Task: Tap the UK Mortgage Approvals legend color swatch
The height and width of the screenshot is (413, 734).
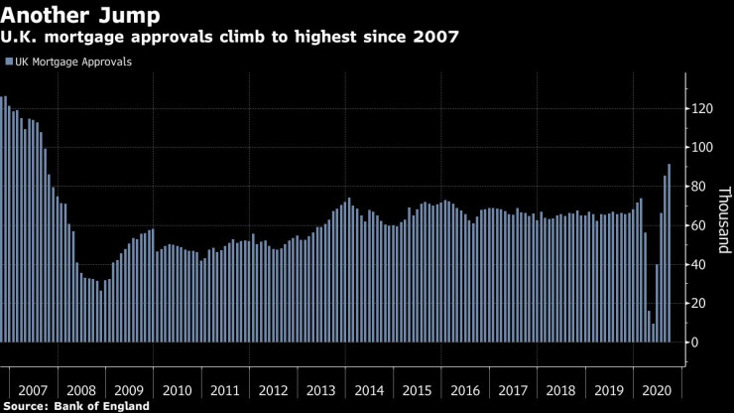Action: (x=8, y=62)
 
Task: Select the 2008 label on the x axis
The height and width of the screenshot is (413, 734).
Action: (x=81, y=390)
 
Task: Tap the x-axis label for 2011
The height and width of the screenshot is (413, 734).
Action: (x=224, y=390)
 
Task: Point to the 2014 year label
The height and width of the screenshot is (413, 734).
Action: (x=368, y=390)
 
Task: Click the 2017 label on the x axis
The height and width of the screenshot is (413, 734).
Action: (x=512, y=390)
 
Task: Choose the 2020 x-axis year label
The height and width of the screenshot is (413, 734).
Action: (x=656, y=390)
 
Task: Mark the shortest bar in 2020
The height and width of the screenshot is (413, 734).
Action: (x=653, y=333)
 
